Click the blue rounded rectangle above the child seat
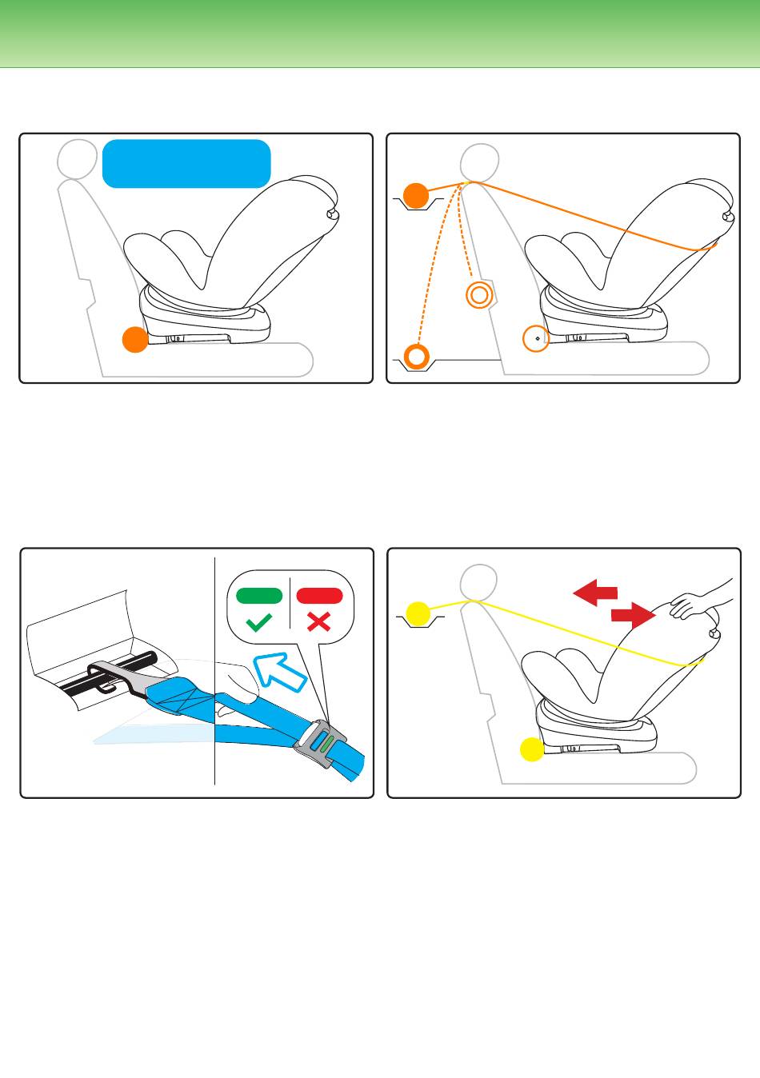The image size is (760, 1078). click(x=186, y=163)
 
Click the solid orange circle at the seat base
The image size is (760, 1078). click(x=134, y=339)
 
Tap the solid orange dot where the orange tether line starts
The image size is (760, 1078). click(x=415, y=195)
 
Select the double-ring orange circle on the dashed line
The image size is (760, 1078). click(x=478, y=295)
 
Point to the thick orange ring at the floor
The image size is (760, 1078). click(x=416, y=356)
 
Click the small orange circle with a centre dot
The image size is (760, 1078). click(x=535, y=338)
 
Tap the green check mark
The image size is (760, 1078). click(x=259, y=621)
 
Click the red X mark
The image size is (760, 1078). click(x=318, y=621)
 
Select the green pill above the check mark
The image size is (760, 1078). click(x=259, y=595)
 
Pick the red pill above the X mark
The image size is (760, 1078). click(x=319, y=595)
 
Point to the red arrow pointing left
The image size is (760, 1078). click(x=596, y=593)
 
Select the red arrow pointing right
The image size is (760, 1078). click(x=633, y=614)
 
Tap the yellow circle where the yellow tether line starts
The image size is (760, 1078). click(x=417, y=614)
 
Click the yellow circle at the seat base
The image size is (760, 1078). click(x=531, y=749)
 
